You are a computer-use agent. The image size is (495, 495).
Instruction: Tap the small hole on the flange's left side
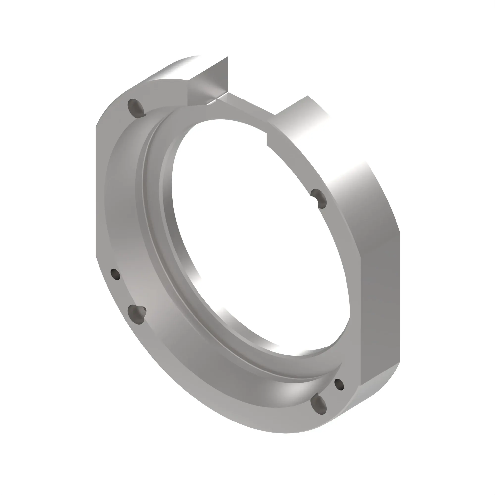pos(115,274)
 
